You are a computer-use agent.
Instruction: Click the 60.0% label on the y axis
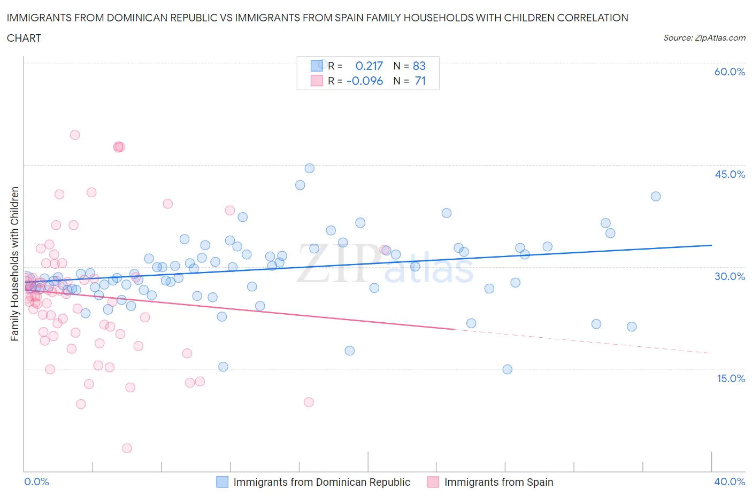point(730,72)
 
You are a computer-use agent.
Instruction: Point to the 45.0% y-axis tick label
point(730,174)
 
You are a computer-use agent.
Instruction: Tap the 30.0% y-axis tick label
point(730,276)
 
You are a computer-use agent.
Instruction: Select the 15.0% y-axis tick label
point(730,378)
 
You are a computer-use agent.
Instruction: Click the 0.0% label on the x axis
point(36,482)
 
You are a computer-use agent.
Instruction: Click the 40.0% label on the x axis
point(730,482)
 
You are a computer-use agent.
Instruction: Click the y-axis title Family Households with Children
point(15,263)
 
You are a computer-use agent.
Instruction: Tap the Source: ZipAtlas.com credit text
point(704,38)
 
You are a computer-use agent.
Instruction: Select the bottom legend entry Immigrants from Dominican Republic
point(321,482)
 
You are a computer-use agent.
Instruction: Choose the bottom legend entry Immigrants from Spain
point(498,482)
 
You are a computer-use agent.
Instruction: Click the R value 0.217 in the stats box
point(369,66)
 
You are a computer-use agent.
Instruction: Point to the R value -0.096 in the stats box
point(365,81)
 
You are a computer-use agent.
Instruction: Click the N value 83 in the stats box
point(419,66)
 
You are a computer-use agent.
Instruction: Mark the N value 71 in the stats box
point(420,81)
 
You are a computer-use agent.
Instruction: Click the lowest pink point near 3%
point(127,448)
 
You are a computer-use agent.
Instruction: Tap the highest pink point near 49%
point(75,135)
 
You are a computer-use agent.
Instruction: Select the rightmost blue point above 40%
point(656,196)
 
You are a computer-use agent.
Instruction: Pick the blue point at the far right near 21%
point(632,327)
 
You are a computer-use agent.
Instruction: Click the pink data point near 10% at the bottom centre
point(309,402)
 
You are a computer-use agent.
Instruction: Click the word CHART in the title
point(24,38)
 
